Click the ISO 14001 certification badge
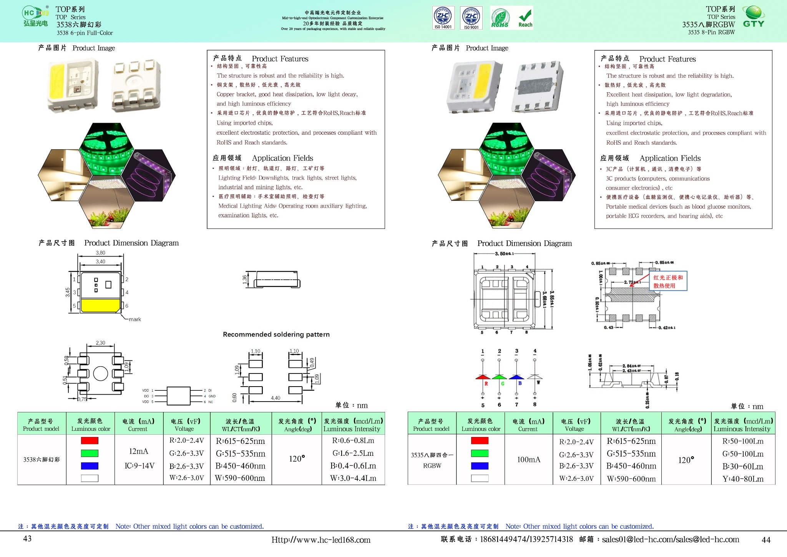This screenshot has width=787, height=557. pyautogui.click(x=443, y=18)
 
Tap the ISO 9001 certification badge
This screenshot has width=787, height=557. pyautogui.click(x=471, y=18)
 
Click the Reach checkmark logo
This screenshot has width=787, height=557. pyautogui.click(x=525, y=18)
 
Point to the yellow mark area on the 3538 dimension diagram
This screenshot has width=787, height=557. pyautogui.click(x=100, y=305)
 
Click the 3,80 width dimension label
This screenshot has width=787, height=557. pyautogui.click(x=100, y=253)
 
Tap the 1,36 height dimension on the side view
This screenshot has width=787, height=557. pyautogui.click(x=245, y=280)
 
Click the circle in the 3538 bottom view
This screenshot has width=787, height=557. pyautogui.click(x=101, y=374)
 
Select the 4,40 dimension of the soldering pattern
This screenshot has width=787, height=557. pyautogui.click(x=276, y=398)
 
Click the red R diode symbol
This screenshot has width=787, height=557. pyautogui.click(x=483, y=377)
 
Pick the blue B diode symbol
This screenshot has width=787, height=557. pyautogui.click(x=516, y=377)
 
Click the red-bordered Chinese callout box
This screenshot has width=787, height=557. pyautogui.click(x=668, y=282)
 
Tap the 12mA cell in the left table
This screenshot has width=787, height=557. pyautogui.click(x=139, y=451)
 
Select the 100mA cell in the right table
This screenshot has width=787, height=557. pyautogui.click(x=528, y=460)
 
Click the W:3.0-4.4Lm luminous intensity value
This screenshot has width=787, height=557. pyautogui.click(x=353, y=478)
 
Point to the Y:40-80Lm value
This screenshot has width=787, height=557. pyautogui.click(x=743, y=479)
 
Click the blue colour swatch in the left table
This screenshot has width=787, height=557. pyautogui.click(x=90, y=466)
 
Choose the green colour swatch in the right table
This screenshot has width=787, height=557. pyautogui.click(x=480, y=454)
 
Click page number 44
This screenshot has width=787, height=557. pyautogui.click(x=766, y=540)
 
